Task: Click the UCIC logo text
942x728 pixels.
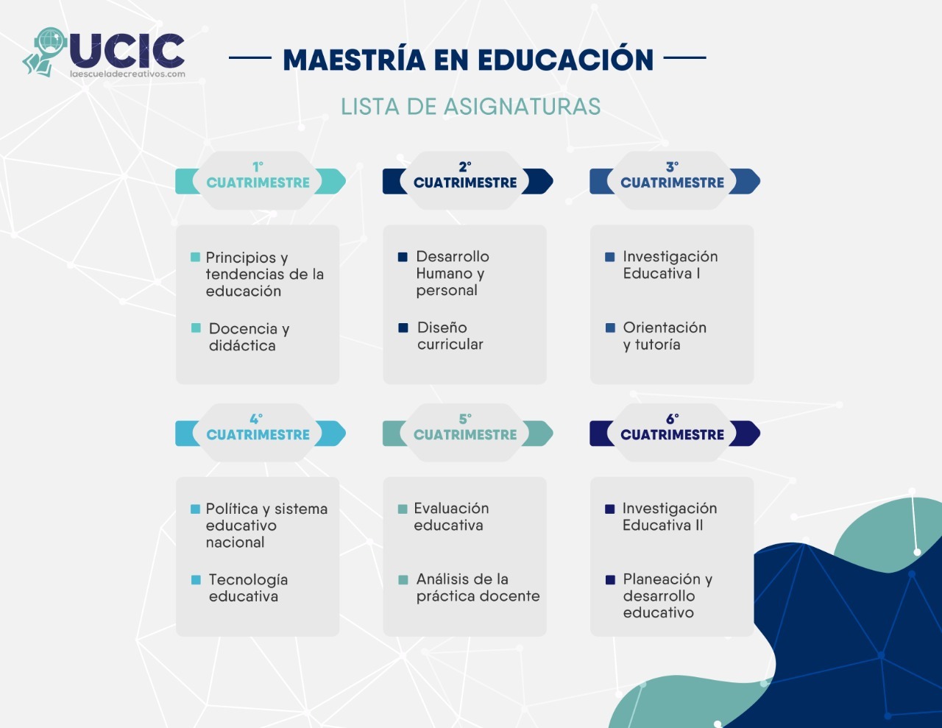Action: click(127, 50)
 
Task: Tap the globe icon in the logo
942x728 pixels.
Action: click(50, 40)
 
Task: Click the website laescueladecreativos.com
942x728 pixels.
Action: click(127, 74)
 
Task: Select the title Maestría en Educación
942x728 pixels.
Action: click(468, 60)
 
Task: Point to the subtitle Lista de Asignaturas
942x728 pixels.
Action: click(470, 107)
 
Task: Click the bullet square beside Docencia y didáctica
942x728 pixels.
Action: click(196, 328)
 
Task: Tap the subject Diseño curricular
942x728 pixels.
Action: click(450, 336)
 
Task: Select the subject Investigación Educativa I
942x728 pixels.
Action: click(670, 265)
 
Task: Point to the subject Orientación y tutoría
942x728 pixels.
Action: click(664, 336)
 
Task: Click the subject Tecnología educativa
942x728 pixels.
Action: click(247, 588)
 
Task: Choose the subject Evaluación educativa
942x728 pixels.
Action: click(450, 517)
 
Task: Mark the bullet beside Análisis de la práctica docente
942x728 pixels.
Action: click(403, 580)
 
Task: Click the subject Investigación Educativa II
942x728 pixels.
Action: click(669, 517)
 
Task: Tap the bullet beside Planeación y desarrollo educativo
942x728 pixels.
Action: click(610, 580)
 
